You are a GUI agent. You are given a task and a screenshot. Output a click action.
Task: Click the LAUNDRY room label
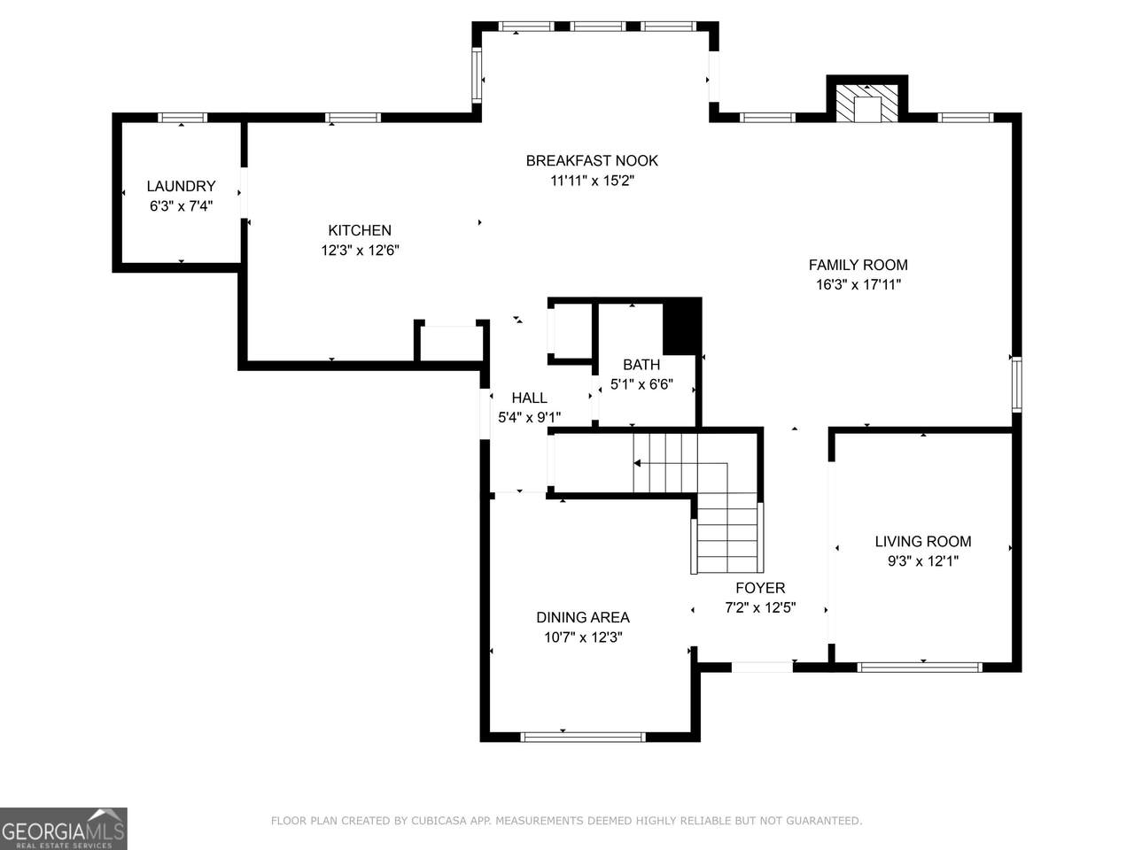181,186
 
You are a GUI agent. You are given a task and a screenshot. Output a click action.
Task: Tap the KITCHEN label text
360,230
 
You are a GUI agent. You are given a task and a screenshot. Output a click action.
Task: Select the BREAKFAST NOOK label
592,161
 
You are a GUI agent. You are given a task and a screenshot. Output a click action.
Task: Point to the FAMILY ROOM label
858,265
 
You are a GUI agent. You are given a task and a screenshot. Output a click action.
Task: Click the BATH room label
641,365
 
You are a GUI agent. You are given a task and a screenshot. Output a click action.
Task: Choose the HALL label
530,398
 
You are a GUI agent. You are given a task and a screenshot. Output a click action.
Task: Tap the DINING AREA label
583,617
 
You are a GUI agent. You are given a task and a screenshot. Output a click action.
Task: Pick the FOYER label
760,588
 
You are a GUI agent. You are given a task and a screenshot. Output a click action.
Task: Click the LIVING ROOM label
923,541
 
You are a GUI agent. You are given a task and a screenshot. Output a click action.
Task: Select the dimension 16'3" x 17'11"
858,285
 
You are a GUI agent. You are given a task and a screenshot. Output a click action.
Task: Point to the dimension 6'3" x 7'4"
181,206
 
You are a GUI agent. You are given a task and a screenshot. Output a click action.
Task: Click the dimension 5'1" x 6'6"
641,384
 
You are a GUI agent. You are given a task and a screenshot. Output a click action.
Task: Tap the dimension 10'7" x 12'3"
583,637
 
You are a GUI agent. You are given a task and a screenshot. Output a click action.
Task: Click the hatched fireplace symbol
867,104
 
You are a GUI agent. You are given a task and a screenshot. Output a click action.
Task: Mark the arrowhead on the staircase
638,463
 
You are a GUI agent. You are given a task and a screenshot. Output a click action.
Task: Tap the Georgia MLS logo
64,829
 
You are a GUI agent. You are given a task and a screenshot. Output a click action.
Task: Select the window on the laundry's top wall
182,118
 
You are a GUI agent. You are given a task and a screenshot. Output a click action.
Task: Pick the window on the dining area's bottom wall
583,737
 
